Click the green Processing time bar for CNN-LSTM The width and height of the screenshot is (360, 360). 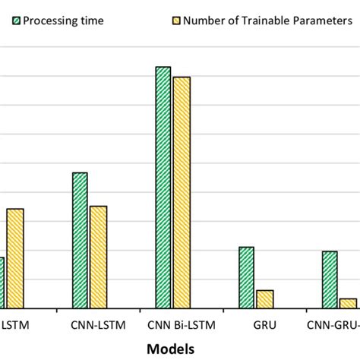click(80, 240)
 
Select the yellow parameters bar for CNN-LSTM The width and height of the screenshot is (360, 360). click(99, 257)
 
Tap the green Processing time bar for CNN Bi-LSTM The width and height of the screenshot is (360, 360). click(163, 187)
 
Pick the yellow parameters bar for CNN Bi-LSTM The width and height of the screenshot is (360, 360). click(182, 192)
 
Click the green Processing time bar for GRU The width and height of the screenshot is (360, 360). click(246, 277)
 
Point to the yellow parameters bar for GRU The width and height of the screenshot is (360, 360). click(265, 299)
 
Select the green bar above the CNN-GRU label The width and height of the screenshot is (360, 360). click(330, 279)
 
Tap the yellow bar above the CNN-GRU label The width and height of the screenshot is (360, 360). click(348, 303)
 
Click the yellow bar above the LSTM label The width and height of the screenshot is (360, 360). click(15, 258)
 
